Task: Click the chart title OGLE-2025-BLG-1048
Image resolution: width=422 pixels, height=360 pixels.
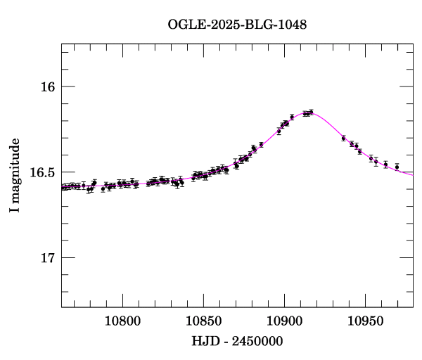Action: (237, 25)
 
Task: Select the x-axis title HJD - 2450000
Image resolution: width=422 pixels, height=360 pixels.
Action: (237, 342)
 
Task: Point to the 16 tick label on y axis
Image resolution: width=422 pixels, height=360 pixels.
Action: (48, 86)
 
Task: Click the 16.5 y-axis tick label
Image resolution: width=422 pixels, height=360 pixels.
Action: (42, 172)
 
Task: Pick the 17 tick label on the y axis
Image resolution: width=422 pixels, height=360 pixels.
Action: (48, 258)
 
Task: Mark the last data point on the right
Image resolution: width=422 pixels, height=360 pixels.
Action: (397, 167)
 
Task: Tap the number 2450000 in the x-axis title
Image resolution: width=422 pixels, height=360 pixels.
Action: (259, 342)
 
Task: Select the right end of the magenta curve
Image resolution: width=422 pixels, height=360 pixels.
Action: (412, 174)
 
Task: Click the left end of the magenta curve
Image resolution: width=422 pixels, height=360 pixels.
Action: (62, 186)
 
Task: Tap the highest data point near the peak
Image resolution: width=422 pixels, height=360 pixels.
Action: (311, 111)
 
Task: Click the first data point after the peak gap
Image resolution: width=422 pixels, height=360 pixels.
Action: (343, 138)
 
